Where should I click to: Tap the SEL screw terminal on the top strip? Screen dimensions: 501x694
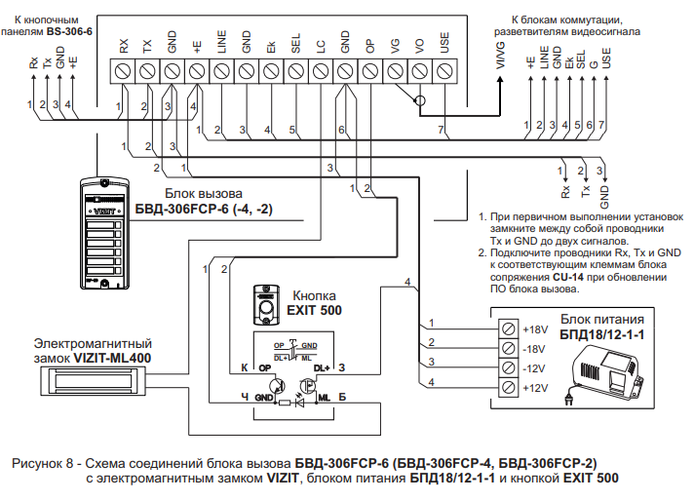tap(295, 70)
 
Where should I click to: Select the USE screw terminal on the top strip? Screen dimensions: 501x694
tap(444, 70)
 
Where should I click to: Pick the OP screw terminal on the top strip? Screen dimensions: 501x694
tap(369, 70)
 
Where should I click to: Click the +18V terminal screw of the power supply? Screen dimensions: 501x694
tap(508, 327)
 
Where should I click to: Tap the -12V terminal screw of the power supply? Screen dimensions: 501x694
tap(508, 367)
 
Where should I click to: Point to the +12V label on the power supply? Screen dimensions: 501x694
tap(536, 388)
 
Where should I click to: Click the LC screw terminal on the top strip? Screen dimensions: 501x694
tap(320, 70)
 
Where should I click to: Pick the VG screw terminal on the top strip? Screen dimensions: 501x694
tap(395, 70)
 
